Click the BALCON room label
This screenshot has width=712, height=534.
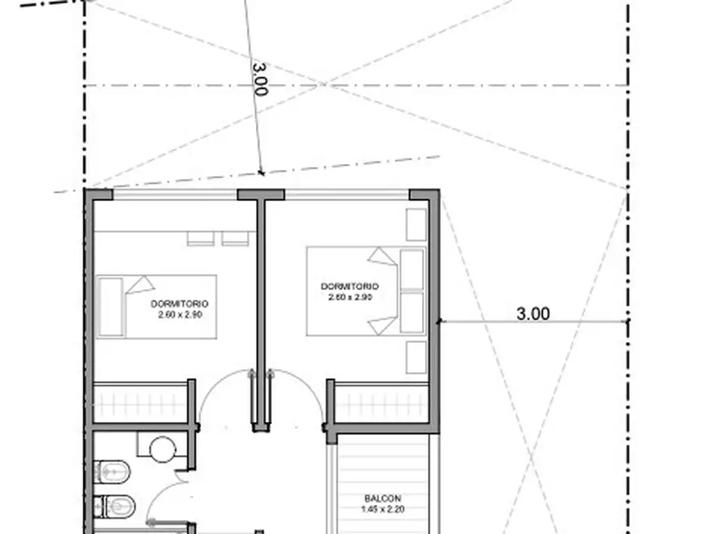click(382, 499)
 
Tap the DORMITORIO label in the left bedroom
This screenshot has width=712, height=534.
click(180, 304)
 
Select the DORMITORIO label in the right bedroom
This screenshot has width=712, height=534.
click(350, 286)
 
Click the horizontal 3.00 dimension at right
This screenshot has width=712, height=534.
click(533, 314)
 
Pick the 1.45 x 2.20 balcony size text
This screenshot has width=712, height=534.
click(383, 510)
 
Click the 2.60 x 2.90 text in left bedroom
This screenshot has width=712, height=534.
click(180, 315)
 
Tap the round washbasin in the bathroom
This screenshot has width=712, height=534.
click(163, 450)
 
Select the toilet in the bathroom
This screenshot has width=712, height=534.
click(112, 472)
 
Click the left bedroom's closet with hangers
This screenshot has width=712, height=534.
click(140, 403)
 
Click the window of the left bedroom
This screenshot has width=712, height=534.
click(175, 195)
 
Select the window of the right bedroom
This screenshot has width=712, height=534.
click(348, 195)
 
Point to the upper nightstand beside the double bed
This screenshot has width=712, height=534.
click(416, 225)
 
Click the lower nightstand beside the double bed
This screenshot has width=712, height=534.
click(416, 357)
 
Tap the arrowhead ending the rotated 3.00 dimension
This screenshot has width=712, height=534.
click(261, 172)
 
